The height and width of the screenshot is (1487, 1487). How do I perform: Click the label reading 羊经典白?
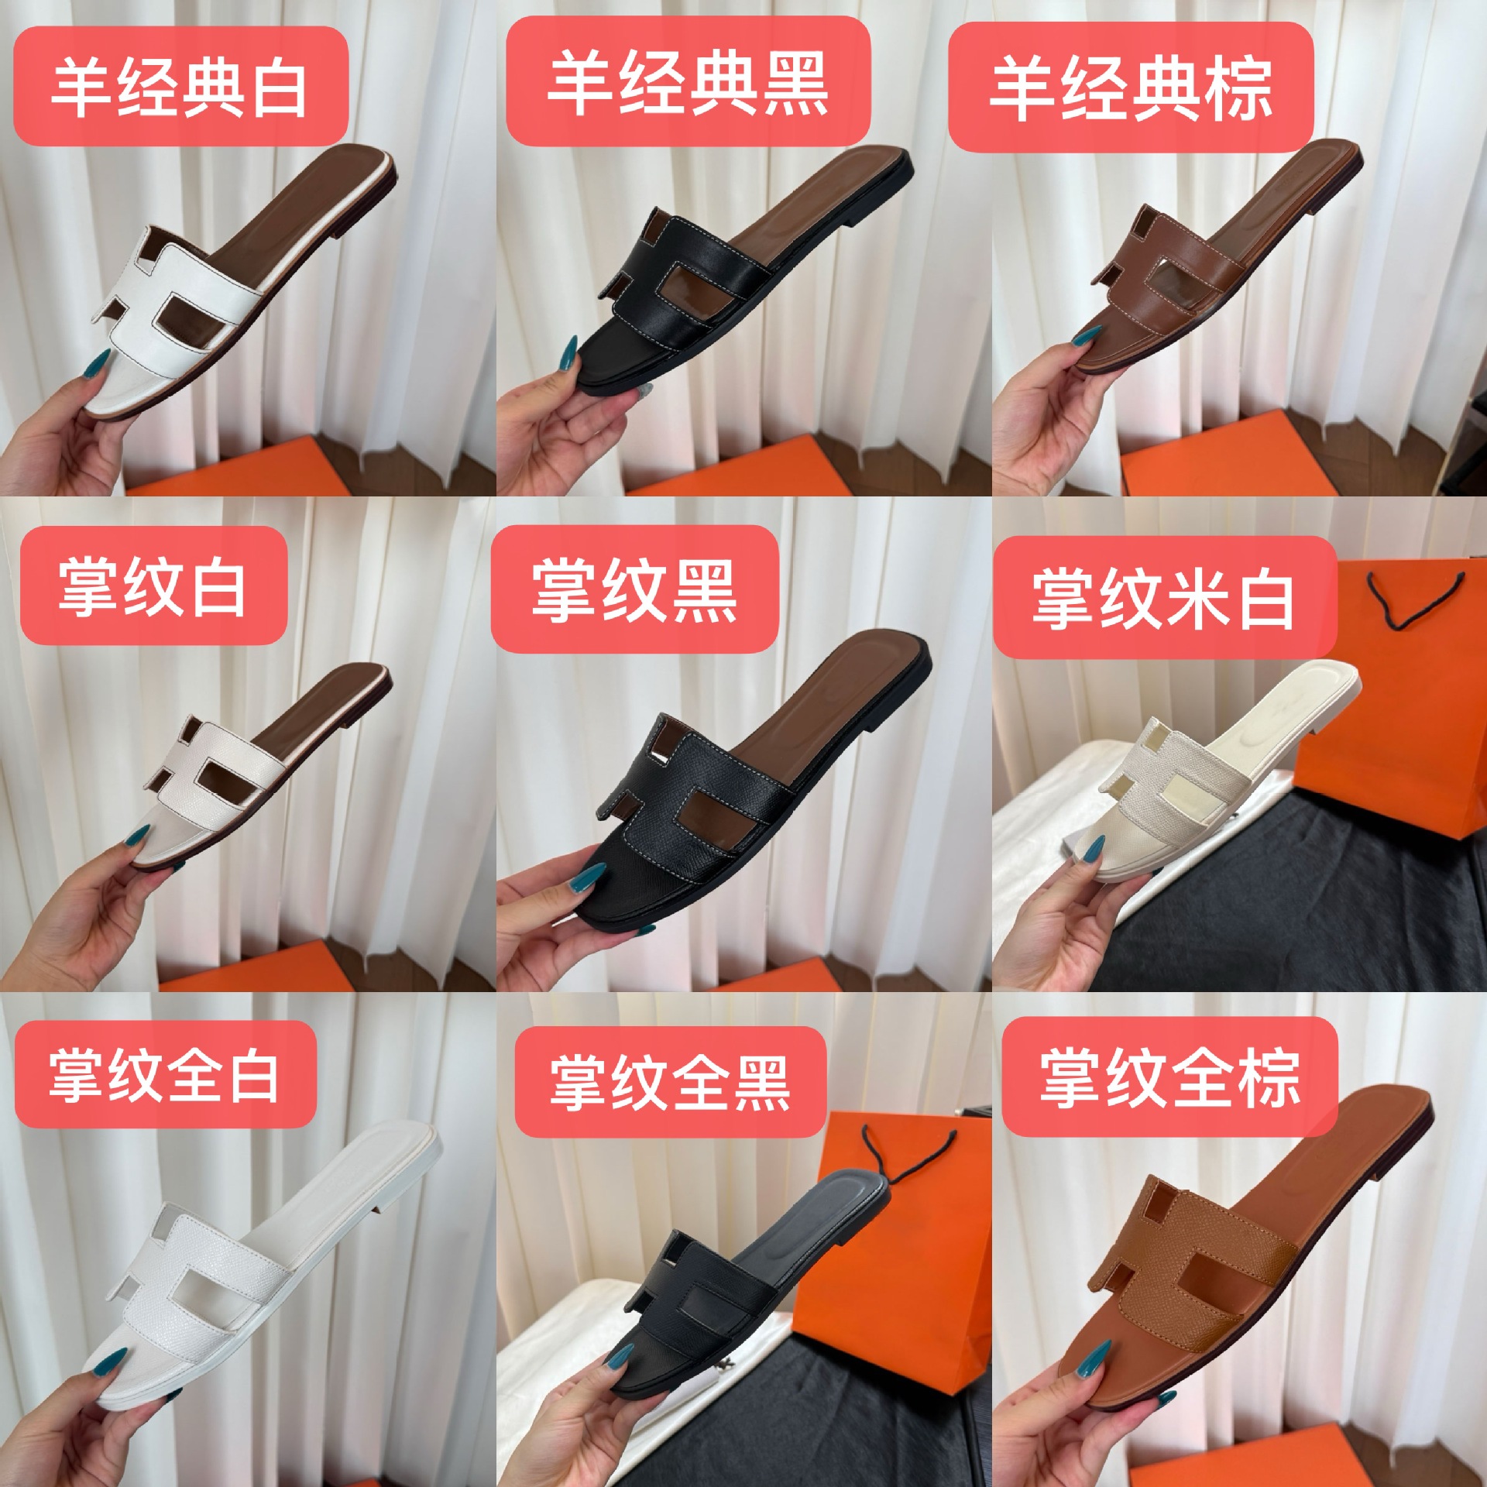(x=180, y=87)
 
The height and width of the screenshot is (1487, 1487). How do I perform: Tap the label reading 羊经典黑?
(x=688, y=84)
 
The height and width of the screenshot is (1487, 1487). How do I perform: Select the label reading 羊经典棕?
(x=1131, y=88)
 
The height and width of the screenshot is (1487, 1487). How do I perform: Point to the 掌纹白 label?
(x=153, y=586)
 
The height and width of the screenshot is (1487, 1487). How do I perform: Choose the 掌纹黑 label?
(x=634, y=591)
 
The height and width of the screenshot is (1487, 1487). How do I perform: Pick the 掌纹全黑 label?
(x=670, y=1081)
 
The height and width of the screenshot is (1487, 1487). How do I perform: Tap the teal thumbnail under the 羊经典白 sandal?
(x=99, y=364)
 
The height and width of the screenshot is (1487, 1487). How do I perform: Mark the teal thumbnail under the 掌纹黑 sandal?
(x=583, y=881)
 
